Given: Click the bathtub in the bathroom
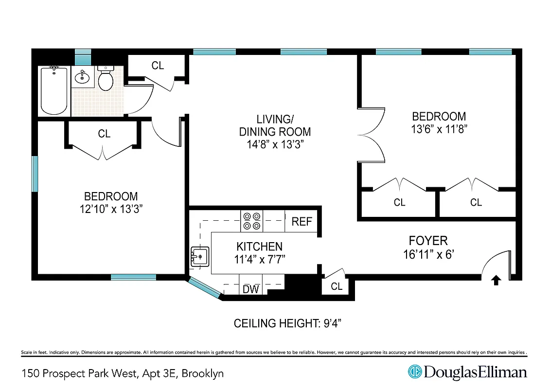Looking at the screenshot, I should [54, 90].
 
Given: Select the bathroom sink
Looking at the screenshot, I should [82, 77].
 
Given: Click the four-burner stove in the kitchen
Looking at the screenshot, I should [251, 221].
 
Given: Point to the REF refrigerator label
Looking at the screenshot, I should [302, 222].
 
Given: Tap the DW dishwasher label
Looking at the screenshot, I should [251, 289].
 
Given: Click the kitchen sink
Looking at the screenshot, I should [200, 256].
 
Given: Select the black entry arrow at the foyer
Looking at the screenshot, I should [496, 280].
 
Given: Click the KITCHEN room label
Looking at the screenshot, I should [259, 247].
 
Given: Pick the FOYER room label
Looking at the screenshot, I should [428, 241].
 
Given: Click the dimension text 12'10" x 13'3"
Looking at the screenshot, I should [111, 209].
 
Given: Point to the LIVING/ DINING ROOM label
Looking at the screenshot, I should [275, 125].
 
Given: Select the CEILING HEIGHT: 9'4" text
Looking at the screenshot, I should [291, 323].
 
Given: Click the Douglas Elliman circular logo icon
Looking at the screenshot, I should [415, 372].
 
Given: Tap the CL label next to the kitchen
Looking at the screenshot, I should [337, 286].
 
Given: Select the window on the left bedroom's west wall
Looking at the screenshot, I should [34, 174].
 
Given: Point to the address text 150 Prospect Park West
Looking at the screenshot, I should [80, 373].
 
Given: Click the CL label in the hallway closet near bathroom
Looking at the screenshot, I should [158, 66].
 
